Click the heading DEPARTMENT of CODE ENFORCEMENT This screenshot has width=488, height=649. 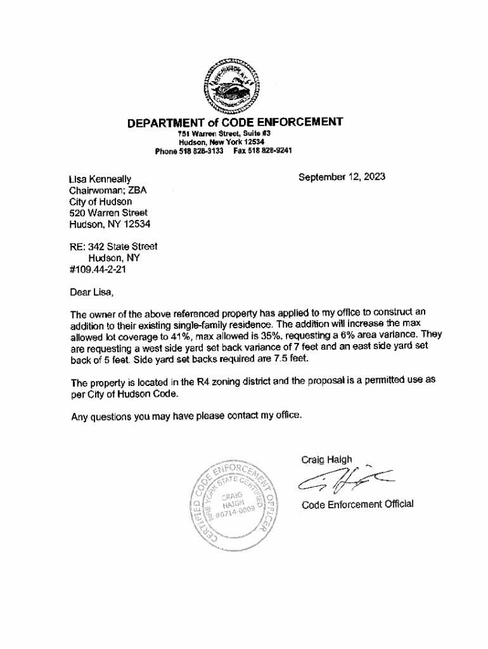pyautogui.click(x=235, y=122)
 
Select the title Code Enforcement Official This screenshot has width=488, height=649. pyautogui.click(x=357, y=504)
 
